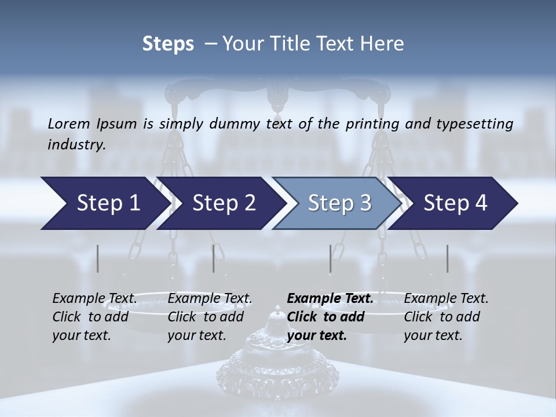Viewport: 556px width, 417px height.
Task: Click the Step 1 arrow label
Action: [x=108, y=203]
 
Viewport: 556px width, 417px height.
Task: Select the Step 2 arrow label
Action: [x=224, y=203]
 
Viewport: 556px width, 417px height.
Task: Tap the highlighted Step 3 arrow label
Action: [x=339, y=203]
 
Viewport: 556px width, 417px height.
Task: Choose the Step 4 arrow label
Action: [x=455, y=203]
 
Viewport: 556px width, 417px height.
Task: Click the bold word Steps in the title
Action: [x=168, y=44]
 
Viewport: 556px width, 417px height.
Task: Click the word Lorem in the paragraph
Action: [x=69, y=123]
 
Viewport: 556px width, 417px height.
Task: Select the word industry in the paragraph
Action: [x=76, y=145]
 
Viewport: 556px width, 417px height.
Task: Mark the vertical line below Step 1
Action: [x=98, y=258]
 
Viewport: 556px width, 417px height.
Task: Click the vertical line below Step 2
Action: [x=214, y=258]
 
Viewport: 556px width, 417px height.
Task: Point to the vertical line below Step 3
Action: [x=331, y=258]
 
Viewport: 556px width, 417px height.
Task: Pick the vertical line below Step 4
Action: [x=448, y=258]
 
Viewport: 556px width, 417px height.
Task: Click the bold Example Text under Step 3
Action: [x=330, y=299]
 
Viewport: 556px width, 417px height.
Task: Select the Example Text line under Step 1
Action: [x=94, y=299]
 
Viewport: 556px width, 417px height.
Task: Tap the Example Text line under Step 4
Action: [x=446, y=299]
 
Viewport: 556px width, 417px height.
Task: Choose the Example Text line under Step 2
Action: [x=210, y=299]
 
